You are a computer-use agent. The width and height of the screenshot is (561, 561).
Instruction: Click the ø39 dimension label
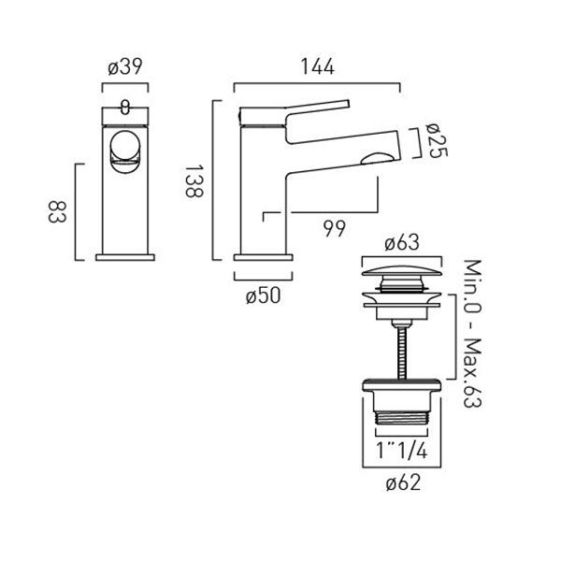(x=125, y=66)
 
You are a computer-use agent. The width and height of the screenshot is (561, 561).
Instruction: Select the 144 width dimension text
(x=318, y=66)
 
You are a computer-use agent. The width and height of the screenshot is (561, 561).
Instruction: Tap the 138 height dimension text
(x=194, y=181)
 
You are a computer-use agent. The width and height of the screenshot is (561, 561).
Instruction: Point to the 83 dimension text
(x=57, y=212)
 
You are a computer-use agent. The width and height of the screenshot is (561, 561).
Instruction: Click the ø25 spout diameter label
(x=438, y=140)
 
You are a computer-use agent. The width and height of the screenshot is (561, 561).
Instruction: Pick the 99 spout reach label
(x=335, y=229)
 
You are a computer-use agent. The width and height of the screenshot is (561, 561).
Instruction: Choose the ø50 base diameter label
(x=264, y=295)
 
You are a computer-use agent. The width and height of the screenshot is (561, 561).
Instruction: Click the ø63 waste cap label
(x=402, y=243)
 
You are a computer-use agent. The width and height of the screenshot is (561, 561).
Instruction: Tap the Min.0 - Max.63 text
(x=472, y=334)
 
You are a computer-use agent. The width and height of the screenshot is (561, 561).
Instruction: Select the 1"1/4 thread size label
(x=402, y=451)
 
